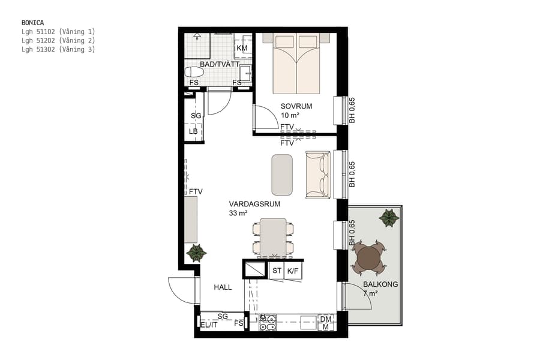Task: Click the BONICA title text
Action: click(x=32, y=22)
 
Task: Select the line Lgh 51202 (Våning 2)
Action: click(x=58, y=40)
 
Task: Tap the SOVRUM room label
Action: click(x=293, y=106)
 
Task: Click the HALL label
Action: click(x=223, y=287)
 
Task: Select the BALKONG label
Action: click(x=380, y=284)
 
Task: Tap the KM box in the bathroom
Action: click(x=242, y=48)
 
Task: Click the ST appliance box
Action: click(x=277, y=271)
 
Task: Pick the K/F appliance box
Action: click(x=293, y=271)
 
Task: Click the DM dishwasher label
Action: click(x=325, y=319)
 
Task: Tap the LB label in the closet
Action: click(x=193, y=131)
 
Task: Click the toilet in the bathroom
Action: click(x=194, y=72)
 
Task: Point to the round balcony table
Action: click(x=368, y=258)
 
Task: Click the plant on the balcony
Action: click(x=389, y=217)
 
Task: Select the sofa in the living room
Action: click(x=317, y=175)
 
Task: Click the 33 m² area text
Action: click(x=238, y=213)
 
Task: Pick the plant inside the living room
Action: click(x=196, y=253)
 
